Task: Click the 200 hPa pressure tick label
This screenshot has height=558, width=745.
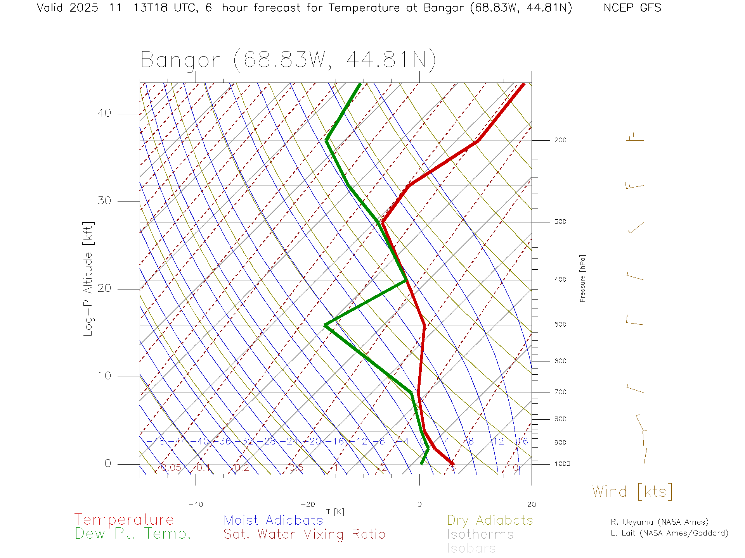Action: point(560,140)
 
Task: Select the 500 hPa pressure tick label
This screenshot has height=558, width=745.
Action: point(560,324)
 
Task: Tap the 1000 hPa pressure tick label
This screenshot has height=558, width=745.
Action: point(562,464)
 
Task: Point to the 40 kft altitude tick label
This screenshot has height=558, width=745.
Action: point(104,113)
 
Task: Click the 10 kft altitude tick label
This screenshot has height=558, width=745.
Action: point(104,376)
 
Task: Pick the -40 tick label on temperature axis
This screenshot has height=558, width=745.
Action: point(196,505)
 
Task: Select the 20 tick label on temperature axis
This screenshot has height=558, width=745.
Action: point(531,505)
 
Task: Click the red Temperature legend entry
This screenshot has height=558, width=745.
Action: point(124,520)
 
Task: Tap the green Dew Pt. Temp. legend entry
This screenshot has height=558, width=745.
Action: point(133,534)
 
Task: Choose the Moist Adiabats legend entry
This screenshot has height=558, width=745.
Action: point(273,520)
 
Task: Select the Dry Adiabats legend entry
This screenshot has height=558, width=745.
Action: point(490,520)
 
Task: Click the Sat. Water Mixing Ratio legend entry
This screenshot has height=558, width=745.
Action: point(304,534)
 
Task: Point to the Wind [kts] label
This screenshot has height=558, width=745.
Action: point(632,492)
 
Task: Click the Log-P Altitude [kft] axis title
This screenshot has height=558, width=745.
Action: point(88,279)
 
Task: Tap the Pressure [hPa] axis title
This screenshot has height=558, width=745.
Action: point(582,279)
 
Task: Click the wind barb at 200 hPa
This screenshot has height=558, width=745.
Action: point(635,138)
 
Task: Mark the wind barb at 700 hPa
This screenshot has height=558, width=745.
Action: point(635,388)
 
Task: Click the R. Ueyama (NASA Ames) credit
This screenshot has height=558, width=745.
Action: point(659,522)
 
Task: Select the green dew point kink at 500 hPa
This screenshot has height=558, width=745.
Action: point(326,325)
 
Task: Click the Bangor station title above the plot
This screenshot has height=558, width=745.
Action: point(288,60)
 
